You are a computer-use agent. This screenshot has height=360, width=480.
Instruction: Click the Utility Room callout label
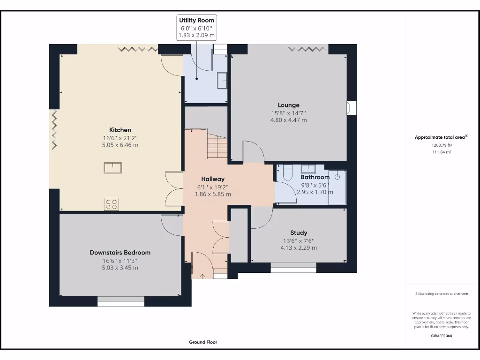point(196,20)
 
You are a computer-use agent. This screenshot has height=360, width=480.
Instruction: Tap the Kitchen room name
point(120,130)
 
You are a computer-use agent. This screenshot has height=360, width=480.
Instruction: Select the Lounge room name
point(288,105)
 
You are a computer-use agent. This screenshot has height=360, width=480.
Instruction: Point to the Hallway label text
point(213,179)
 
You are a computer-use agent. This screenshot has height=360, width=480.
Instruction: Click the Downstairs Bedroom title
point(120,253)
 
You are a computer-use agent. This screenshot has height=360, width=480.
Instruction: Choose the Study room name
point(299,232)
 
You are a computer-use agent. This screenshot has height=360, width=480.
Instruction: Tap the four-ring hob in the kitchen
point(112,204)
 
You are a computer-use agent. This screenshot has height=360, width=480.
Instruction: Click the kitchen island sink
point(112,168)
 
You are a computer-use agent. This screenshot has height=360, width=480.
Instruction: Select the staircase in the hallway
point(217,146)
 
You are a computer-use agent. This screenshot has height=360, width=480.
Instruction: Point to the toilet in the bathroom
point(288,172)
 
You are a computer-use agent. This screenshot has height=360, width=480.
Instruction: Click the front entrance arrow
point(202,277)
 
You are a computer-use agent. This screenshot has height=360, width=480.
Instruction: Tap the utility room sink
point(222,81)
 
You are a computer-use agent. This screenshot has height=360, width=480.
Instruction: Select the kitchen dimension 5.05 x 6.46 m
point(120,145)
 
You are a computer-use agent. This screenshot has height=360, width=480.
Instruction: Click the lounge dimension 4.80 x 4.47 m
point(288,120)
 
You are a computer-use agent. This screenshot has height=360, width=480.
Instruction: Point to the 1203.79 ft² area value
point(442,145)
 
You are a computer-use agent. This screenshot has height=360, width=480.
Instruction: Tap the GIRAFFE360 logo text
point(442,336)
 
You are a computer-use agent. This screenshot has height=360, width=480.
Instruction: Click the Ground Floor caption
point(203,342)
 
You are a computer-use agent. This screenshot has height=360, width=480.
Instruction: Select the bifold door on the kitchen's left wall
point(54,129)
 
